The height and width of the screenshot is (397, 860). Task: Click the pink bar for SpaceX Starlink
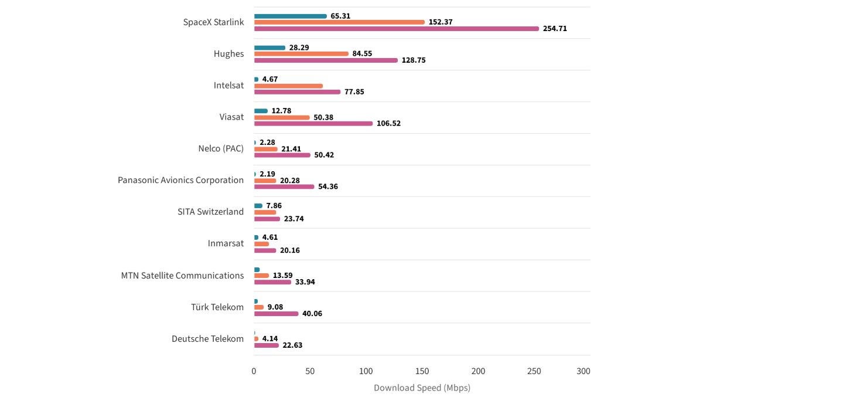click(396, 29)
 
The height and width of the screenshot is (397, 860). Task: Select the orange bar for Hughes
click(301, 53)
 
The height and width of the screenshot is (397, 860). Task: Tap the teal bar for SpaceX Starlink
click(291, 16)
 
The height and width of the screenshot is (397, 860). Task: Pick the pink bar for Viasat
click(313, 123)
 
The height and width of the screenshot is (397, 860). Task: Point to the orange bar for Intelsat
click(288, 86)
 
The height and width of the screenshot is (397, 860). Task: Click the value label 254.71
click(555, 29)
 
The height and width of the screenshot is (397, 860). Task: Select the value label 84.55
click(362, 53)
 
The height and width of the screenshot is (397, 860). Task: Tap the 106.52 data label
click(388, 123)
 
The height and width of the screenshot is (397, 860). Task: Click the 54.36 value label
click(328, 186)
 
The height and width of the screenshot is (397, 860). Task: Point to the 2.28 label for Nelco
click(267, 142)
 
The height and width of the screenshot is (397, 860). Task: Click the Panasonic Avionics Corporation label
click(180, 180)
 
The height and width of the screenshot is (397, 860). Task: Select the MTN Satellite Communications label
click(182, 275)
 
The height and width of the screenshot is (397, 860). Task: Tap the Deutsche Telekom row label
click(207, 338)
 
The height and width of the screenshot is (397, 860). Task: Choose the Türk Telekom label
click(217, 307)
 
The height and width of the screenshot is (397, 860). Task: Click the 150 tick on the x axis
click(422, 371)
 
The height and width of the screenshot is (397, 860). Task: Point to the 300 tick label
click(583, 371)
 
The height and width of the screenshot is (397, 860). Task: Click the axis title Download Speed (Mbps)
click(422, 388)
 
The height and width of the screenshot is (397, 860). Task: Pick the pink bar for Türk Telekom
click(276, 314)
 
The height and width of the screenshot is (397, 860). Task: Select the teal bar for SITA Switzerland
click(258, 206)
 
